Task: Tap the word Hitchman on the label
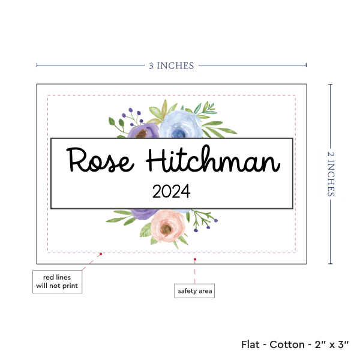click(x=213, y=160)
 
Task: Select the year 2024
click(x=171, y=192)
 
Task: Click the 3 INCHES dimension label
click(x=172, y=65)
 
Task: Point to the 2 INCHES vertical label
click(x=332, y=173)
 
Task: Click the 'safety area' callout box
click(x=194, y=291)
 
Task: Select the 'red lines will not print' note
click(x=56, y=281)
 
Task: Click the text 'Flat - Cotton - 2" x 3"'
click(x=295, y=344)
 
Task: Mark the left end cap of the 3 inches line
click(x=37, y=65)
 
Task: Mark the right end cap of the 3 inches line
click(x=306, y=65)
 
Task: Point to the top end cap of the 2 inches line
click(x=331, y=85)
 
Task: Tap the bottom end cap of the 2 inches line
click(x=331, y=263)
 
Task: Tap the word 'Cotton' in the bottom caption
click(x=287, y=344)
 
